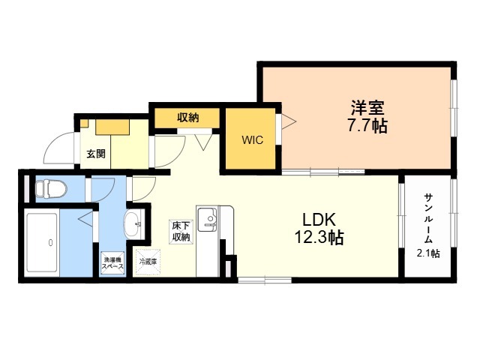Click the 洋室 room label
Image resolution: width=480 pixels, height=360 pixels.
tap(367, 107)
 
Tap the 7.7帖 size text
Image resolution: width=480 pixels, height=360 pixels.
tap(367, 125)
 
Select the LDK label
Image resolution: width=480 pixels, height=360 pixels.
tap(319, 220)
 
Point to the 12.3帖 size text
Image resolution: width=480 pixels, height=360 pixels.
tap(319, 237)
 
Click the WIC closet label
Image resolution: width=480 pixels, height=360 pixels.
tap(252, 140)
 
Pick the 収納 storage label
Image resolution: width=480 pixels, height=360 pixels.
tap(188, 117)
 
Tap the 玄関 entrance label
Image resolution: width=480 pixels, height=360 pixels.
tap(96, 154)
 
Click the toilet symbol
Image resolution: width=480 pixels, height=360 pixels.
tap(51, 189)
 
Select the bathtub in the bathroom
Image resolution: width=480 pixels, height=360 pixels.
tap(42, 243)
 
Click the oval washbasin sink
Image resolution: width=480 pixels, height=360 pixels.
tap(132, 225)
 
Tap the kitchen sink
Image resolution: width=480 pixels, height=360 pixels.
tap(207, 220)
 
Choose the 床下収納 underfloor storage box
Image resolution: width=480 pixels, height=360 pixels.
tap(181, 232)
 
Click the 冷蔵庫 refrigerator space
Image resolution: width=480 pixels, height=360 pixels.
tap(148, 262)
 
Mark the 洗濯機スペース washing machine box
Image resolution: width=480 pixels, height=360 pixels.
tap(113, 262)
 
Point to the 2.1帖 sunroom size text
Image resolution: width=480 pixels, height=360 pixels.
tap(428, 253)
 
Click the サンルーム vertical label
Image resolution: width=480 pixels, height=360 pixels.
tap(428, 218)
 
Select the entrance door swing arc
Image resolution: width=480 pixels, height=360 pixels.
tap(55, 144)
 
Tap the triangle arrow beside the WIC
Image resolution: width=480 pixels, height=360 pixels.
tap(289, 122)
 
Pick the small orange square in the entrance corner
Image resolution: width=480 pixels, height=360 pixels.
tap(84, 123)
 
